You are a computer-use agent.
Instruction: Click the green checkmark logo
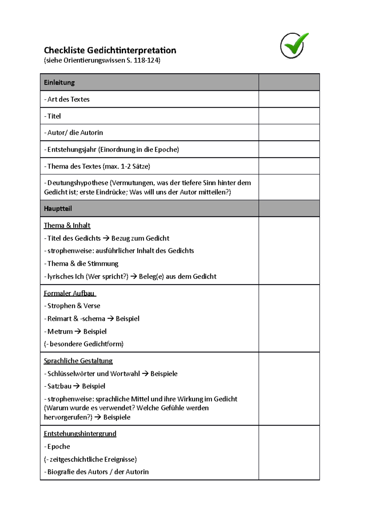pos(294,46)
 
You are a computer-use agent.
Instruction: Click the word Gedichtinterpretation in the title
pos(132,50)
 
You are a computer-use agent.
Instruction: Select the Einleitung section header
pos(59,83)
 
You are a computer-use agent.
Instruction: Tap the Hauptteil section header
pos(58,209)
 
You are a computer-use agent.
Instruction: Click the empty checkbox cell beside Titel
pos(289,116)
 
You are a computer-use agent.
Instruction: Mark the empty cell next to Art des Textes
pos(289,99)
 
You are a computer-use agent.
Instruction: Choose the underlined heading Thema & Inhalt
pos(67,226)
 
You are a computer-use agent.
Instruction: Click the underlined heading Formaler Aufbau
pos(69,293)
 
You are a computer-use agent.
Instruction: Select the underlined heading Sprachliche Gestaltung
pos(78,361)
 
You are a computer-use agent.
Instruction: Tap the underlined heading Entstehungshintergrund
pos(80,434)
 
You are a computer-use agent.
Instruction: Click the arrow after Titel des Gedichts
pos(106,238)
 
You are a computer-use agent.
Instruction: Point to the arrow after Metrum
pos(78,332)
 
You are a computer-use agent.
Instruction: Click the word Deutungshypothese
pos(78,183)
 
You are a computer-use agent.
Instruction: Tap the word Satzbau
pos(59,386)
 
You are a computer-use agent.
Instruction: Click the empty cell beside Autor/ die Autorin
pos(289,133)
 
